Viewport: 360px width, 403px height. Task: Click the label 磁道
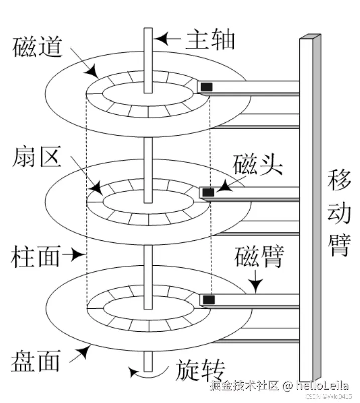pos(38,47)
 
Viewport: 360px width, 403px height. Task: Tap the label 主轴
pos(210,39)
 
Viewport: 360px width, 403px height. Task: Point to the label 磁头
pos(258,164)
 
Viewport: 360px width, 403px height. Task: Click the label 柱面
pos(36,256)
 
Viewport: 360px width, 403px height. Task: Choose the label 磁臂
pos(260,257)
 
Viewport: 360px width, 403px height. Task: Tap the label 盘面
pos(36,361)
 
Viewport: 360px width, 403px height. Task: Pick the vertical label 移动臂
pos(339,213)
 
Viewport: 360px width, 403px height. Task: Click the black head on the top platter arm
pos(207,87)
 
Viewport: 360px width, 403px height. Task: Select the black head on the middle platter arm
pos(208,192)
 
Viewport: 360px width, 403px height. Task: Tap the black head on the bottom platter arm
pos(209,299)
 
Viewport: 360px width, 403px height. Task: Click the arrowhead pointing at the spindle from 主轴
pos(162,39)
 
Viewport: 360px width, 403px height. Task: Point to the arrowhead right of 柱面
pos(78,255)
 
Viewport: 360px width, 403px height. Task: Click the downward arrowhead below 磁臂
pos(256,285)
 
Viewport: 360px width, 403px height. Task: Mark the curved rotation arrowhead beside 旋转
pos(133,372)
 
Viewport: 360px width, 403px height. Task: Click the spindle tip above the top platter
pos(148,29)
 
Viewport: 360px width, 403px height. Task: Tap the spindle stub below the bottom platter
pos(148,362)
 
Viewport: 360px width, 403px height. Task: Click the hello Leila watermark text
pos(322,386)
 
